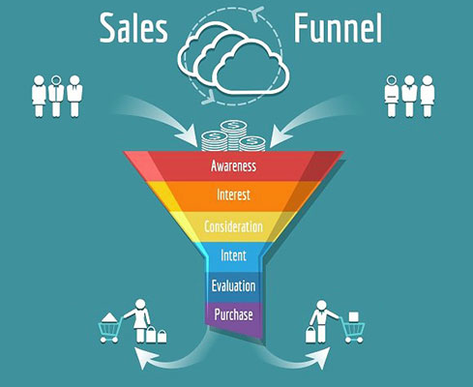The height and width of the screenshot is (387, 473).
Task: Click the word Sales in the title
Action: click(x=133, y=28)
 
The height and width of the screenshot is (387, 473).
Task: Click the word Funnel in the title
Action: click(x=338, y=28)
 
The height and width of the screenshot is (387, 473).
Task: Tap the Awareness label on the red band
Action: click(x=234, y=165)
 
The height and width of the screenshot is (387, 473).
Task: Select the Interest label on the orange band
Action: click(x=233, y=194)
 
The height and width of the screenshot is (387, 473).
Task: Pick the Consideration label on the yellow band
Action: click(x=233, y=226)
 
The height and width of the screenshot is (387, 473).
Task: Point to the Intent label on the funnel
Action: click(x=234, y=255)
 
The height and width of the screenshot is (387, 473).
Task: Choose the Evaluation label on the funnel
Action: click(x=234, y=285)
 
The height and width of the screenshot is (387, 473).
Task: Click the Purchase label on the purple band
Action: click(x=233, y=314)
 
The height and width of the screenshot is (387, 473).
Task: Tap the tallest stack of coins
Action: click(x=233, y=135)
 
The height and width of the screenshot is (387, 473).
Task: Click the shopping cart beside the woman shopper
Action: click(x=111, y=328)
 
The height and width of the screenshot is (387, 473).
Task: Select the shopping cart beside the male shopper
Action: click(x=353, y=330)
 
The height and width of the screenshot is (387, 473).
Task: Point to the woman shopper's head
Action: click(x=140, y=304)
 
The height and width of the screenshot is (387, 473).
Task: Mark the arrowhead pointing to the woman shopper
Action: click(x=144, y=357)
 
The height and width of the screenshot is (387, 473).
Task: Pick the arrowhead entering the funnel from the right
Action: click(x=280, y=136)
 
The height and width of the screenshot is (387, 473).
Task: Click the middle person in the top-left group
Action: click(x=56, y=96)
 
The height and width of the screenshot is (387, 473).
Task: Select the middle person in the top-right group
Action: click(x=409, y=96)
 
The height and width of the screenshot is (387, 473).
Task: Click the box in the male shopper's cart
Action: click(x=354, y=316)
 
